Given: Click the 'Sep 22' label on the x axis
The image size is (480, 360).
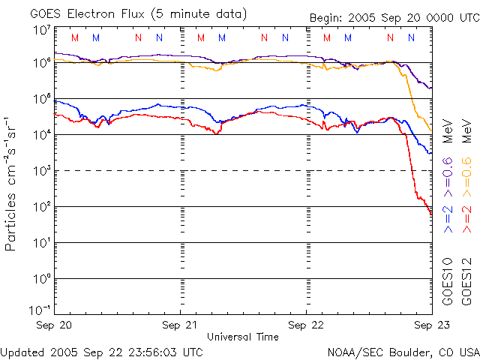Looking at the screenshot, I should tap(307, 325).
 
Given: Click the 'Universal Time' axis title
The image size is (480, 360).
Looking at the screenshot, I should tap(243, 337).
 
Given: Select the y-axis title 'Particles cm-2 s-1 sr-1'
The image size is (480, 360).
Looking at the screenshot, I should tap(13, 184).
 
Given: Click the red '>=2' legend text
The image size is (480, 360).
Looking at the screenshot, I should tap(466, 217).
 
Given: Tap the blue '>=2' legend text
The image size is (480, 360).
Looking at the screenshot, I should tap(448, 217).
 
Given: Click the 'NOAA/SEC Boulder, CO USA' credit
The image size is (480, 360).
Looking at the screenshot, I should tap(403, 352).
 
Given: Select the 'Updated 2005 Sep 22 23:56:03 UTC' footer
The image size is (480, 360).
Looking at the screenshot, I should tap(102, 352).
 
